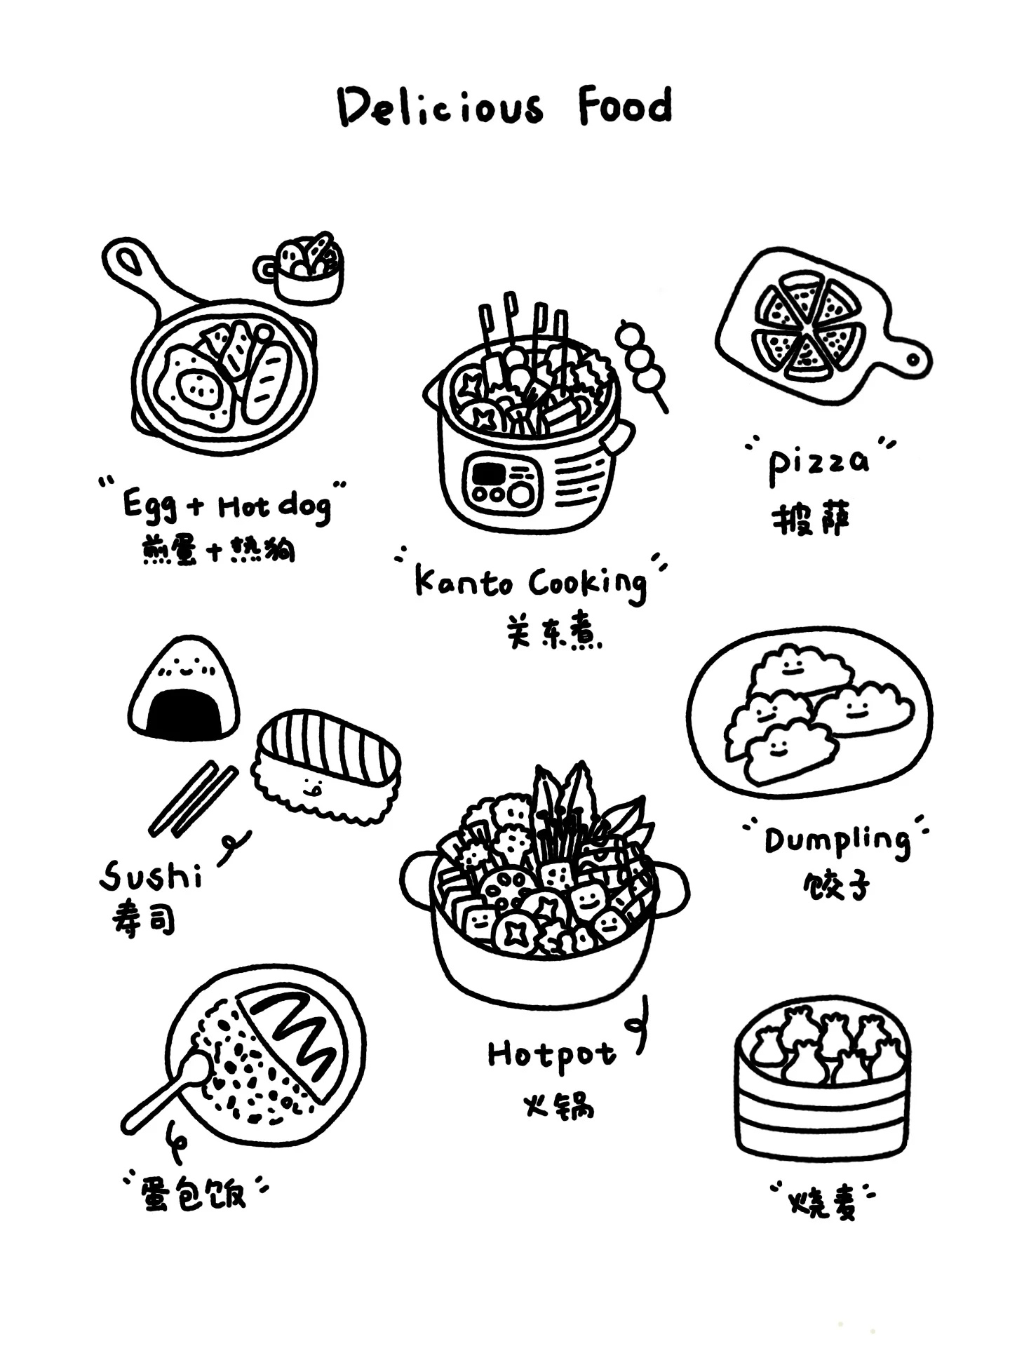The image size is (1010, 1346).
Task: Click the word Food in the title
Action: (x=625, y=106)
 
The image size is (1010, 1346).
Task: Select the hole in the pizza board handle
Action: (x=913, y=360)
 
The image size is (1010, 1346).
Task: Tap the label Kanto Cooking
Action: (x=530, y=584)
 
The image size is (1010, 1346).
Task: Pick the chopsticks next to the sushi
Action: (x=193, y=798)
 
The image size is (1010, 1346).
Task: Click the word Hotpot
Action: (x=552, y=1054)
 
